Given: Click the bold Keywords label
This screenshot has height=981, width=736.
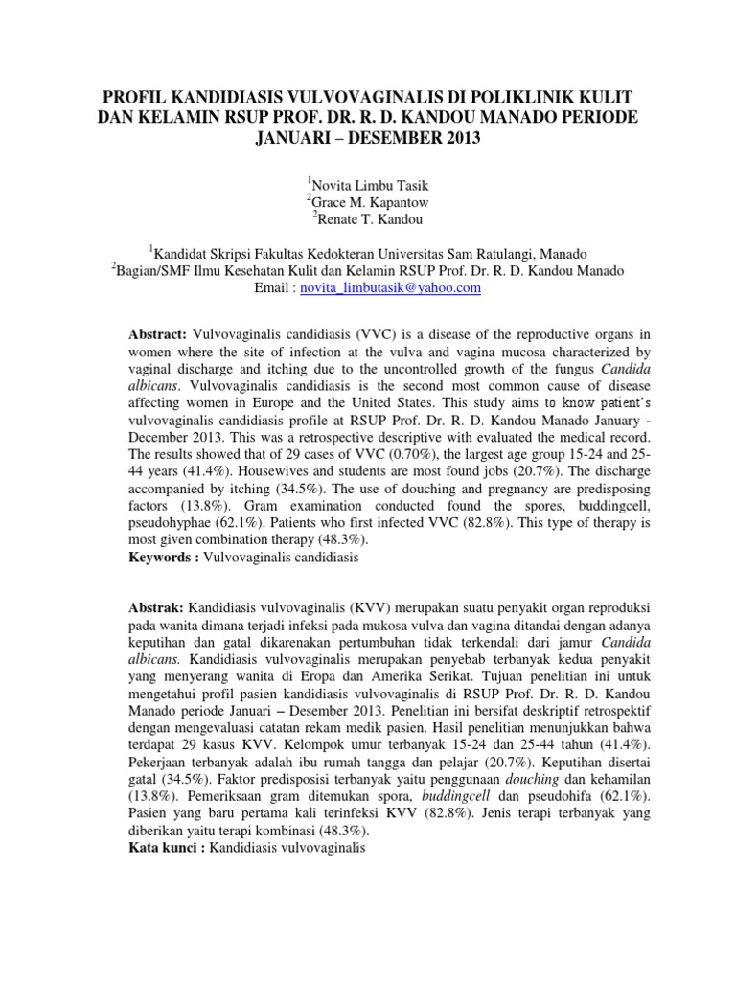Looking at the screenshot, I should (x=164, y=557).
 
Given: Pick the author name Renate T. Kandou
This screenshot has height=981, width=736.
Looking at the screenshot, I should (x=371, y=218).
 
